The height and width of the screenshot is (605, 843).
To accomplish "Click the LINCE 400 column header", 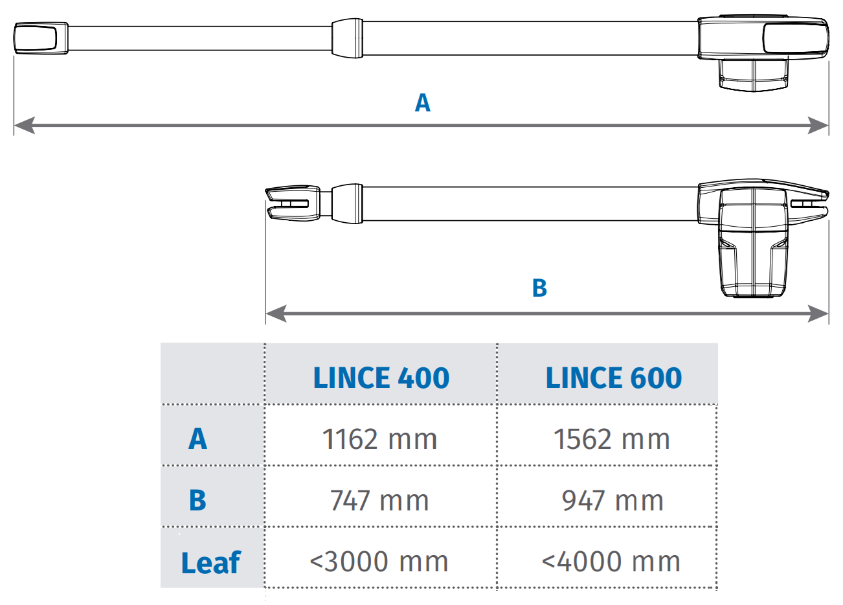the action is tap(381, 378).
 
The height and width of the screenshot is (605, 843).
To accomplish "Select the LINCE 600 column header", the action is tap(614, 378).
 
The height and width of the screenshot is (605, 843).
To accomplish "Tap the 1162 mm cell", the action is tap(379, 439).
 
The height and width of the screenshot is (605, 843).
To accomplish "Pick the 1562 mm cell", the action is tap(612, 439).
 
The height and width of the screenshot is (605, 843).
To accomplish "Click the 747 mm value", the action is tap(379, 500).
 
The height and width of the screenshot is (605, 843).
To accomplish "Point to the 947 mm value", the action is tap(613, 500).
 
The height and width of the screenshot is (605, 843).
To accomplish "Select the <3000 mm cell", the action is tap(379, 562).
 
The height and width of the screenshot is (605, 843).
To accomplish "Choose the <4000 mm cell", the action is tap(611, 562).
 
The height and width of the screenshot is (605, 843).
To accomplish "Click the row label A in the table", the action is tap(197, 439).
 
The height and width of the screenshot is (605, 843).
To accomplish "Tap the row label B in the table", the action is tap(197, 500).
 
